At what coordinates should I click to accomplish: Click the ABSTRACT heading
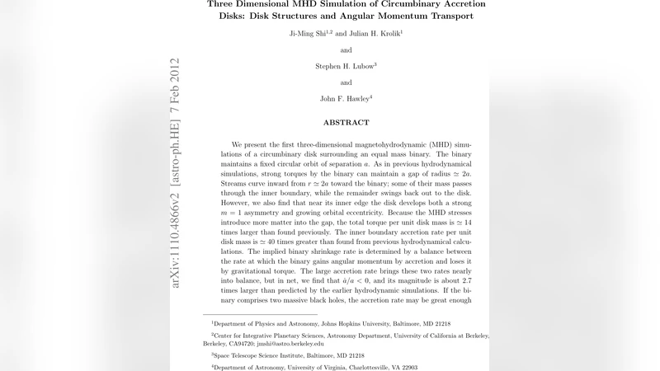pos(346,123)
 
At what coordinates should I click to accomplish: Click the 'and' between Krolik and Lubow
pos(346,49)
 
